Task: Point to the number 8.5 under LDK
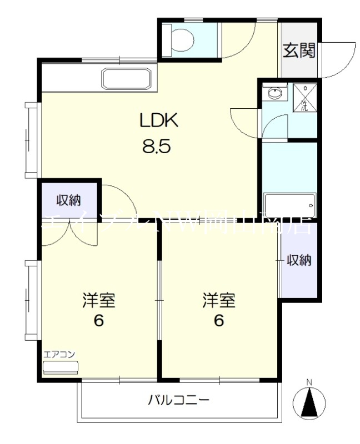158,147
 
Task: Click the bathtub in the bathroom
289,205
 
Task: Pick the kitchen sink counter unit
126,79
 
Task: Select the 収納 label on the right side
299,260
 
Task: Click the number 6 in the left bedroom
99,321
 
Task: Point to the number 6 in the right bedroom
219,321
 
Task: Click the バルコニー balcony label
179,400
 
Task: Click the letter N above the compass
310,382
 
